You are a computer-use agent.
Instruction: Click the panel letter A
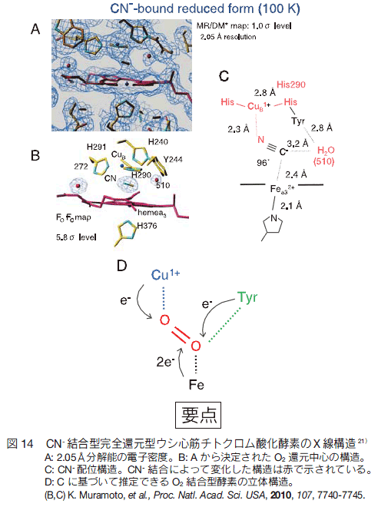[35, 29]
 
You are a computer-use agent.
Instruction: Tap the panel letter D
[121, 266]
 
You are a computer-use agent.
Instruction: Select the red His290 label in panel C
[291, 84]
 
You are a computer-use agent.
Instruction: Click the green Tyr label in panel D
[247, 297]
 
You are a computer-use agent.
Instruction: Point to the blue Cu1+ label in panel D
[165, 275]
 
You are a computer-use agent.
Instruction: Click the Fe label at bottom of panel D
[196, 385]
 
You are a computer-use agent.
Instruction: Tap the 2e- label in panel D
[165, 362]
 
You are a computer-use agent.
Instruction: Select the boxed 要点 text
[198, 415]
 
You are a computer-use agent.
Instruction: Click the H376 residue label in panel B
[147, 226]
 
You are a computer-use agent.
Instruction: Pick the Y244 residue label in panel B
[173, 160]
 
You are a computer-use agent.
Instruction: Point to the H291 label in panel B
[96, 147]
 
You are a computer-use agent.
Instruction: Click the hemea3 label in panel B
[151, 213]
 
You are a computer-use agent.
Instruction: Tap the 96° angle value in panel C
[263, 162]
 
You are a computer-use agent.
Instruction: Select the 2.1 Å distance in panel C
[291, 206]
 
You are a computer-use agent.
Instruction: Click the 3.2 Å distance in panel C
[297, 143]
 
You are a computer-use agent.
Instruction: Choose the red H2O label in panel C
[326, 151]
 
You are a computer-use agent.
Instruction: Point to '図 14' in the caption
[20, 444]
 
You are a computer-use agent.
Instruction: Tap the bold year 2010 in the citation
[280, 495]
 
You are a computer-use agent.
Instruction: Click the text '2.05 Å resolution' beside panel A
[228, 37]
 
